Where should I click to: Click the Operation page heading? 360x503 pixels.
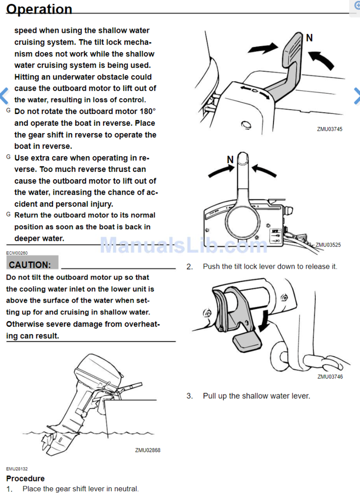(x=39, y=9)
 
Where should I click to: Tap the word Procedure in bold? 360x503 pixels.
(x=25, y=478)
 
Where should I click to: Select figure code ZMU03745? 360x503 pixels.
(x=330, y=129)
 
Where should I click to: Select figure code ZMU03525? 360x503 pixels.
(x=328, y=244)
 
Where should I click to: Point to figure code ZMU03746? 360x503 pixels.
(x=330, y=377)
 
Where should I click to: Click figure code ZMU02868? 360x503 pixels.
(x=147, y=450)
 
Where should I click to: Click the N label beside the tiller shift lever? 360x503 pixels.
(x=309, y=38)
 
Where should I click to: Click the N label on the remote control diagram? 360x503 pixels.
(x=230, y=159)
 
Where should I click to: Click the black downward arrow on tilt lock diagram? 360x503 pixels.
(x=266, y=323)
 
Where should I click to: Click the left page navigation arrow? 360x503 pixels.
(x=4, y=96)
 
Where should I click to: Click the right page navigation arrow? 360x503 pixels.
(x=356, y=96)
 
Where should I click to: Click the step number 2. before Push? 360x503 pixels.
(x=190, y=267)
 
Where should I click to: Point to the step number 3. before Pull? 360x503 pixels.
(x=190, y=396)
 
